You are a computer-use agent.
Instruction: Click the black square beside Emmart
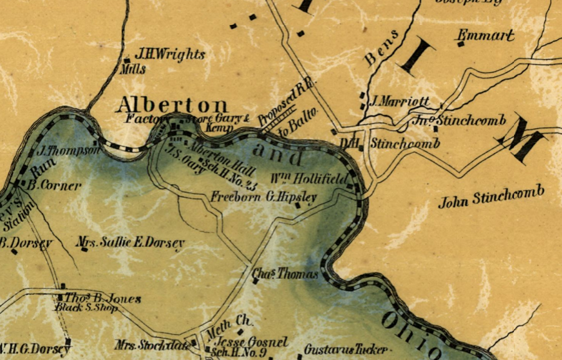point(461,44)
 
